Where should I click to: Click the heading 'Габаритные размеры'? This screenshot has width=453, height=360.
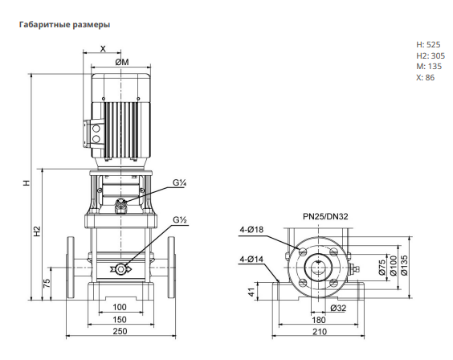64,25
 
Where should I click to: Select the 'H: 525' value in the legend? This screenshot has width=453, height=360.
428,44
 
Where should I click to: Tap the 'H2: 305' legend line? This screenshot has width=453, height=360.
431,55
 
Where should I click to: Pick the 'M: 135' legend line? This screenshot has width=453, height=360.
429,67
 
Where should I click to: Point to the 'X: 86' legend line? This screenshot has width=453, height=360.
425,77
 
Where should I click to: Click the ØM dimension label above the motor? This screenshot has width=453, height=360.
122,62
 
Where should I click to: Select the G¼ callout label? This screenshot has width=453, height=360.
179,183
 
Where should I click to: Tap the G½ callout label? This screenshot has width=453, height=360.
180,220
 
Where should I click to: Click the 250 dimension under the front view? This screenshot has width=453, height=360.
120,331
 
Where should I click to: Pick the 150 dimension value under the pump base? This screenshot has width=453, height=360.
120,320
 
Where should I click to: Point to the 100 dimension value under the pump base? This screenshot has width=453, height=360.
120,307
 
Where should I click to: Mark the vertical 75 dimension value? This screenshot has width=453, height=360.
47,283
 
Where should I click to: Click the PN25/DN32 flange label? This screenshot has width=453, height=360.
325,216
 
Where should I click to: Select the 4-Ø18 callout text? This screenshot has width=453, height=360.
251,230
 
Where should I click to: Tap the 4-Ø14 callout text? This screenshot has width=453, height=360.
251,260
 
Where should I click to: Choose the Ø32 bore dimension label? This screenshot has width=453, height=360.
338,309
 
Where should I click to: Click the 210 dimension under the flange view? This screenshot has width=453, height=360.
319,331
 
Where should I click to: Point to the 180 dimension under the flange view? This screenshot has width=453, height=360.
319,320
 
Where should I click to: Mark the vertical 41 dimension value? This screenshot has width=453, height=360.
252,292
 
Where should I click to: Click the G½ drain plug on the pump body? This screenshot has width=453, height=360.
120,269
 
